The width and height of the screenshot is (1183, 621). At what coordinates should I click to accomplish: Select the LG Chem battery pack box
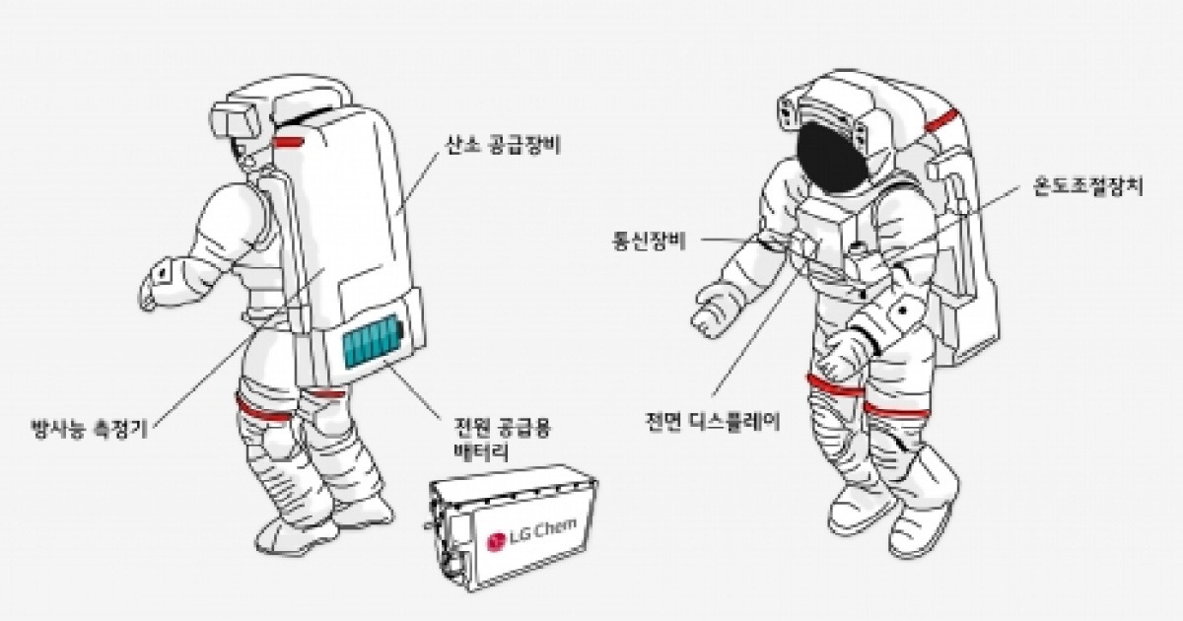click(x=513, y=527)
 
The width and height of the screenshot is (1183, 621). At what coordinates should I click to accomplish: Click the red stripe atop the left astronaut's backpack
click(x=290, y=142)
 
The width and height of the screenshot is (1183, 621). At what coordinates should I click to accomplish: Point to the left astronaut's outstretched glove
click(x=161, y=280)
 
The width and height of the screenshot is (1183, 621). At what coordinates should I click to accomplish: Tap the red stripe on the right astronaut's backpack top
click(x=943, y=120)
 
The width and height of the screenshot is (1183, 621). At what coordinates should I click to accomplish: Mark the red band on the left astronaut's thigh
click(x=265, y=411)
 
